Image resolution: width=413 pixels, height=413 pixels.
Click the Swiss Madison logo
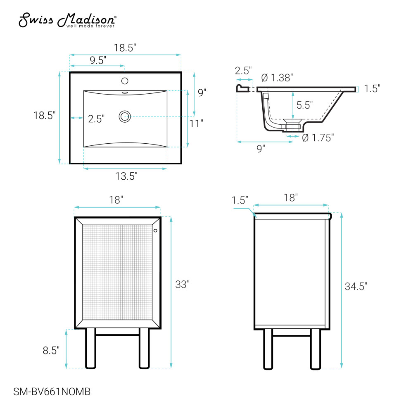(x=67, y=20)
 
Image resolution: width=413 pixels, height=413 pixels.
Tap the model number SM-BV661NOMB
(x=52, y=392)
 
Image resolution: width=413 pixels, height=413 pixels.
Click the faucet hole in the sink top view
(x=125, y=81)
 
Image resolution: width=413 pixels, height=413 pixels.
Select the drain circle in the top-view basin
(x=125, y=116)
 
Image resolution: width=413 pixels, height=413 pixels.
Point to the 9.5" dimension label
(x=98, y=60)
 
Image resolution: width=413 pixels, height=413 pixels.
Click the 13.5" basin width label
(x=126, y=176)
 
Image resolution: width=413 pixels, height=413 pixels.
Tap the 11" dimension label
(x=196, y=123)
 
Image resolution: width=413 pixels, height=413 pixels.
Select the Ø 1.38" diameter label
(x=277, y=78)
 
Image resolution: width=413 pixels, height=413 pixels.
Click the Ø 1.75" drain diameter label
(x=318, y=138)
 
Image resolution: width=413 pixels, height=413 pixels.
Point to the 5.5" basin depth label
(x=304, y=105)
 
